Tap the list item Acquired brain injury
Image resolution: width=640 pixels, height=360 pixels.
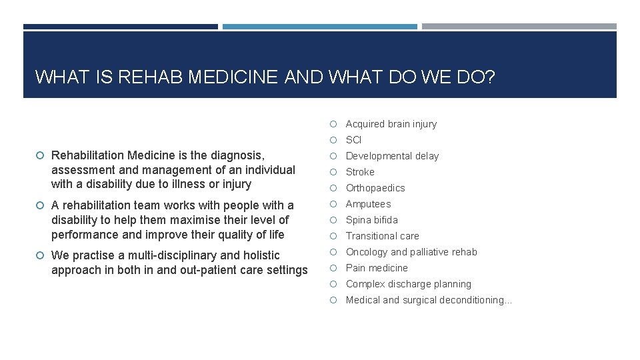391,124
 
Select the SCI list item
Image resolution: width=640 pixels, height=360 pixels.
353,140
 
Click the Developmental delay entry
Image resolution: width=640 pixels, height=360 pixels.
392,156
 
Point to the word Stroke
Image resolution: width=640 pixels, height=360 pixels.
360,172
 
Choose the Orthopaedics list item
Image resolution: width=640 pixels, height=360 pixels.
375,188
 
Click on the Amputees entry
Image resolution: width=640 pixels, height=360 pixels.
368,204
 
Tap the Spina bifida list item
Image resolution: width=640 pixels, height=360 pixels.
371,220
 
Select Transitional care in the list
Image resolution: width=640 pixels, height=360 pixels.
382,236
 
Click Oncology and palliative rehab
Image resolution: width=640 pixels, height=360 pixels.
411,252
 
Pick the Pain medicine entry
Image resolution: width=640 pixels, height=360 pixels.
377,268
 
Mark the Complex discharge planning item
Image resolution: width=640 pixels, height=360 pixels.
408,284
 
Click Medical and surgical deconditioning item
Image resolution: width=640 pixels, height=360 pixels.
428,300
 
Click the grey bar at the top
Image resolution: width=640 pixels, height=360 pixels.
519,27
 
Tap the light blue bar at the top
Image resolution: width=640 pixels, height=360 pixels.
319,27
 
